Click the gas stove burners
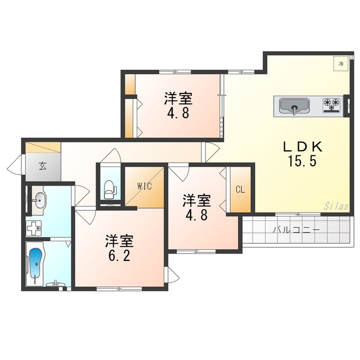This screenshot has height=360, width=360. pos(331,104)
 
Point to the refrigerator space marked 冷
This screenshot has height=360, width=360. pos(340,64)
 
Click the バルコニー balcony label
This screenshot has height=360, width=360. pos(296,230)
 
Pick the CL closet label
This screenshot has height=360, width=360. pos(240,190)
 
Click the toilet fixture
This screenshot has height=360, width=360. pos(109,187)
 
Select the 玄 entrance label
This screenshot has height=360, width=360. pos(42,166)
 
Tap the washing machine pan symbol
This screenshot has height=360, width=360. pos(35,228)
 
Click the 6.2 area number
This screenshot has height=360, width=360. pos(119,256)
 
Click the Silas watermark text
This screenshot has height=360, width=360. pos(336,206)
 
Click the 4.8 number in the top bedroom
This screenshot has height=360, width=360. pos(178,112)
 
